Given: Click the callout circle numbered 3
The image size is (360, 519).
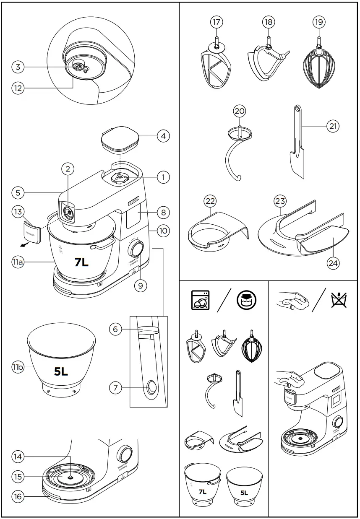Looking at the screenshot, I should tap(18, 67).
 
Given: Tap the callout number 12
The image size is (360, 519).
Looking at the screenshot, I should tap(18, 88).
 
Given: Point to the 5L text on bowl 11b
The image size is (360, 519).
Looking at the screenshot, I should tap(61, 371).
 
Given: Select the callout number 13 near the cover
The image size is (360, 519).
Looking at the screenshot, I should tap(18, 212).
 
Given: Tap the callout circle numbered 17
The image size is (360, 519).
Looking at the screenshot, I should tap(216, 22).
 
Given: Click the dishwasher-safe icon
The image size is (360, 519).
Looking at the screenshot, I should tap(200, 300).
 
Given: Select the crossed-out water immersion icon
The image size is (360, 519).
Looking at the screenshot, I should tap(339, 300).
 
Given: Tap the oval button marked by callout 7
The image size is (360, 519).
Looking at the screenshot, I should tap(151, 388).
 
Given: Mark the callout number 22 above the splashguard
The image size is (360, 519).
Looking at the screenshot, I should tap(210, 202).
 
